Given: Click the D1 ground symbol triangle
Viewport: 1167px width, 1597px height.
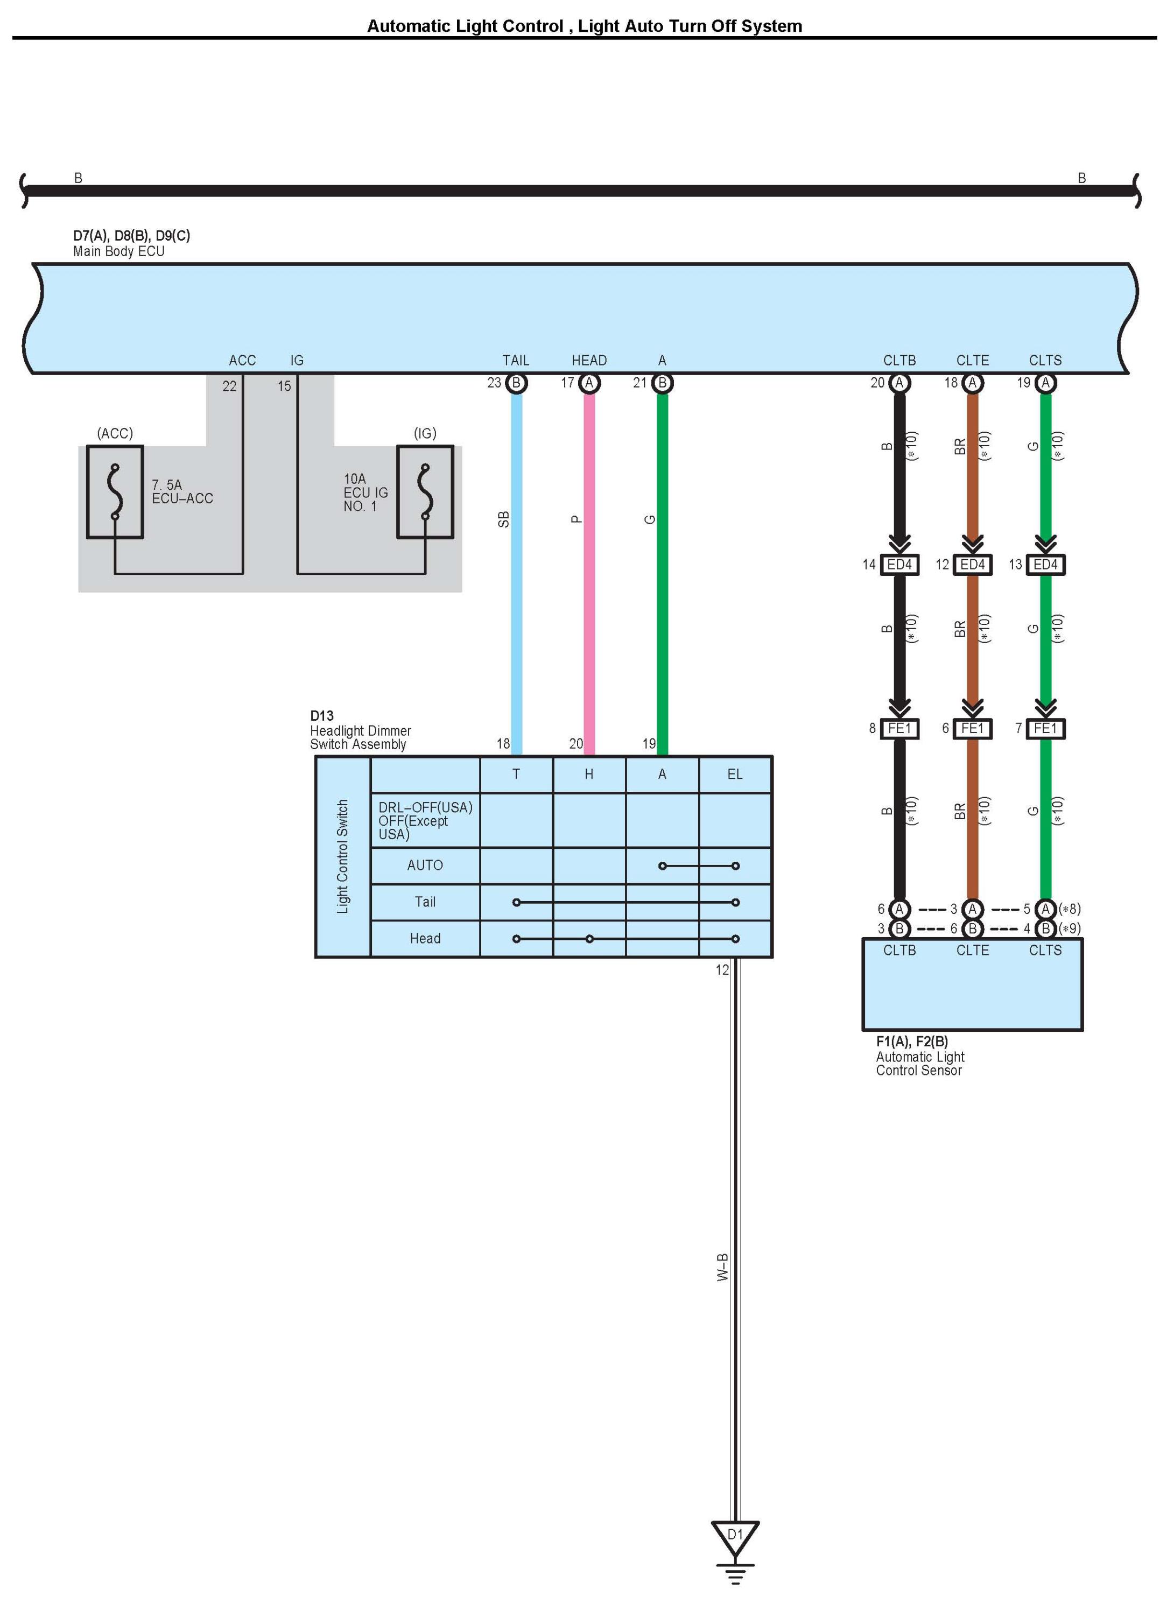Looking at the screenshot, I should click(x=735, y=1536).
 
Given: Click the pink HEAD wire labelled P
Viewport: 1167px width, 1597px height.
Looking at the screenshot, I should click(x=589, y=565).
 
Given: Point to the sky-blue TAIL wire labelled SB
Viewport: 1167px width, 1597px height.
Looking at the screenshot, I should click(x=516, y=565).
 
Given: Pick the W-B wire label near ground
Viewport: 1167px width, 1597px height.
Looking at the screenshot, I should click(x=722, y=1267).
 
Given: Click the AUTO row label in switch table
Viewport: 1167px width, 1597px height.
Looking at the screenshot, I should click(x=425, y=866).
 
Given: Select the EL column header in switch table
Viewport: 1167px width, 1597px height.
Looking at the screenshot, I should click(x=735, y=774).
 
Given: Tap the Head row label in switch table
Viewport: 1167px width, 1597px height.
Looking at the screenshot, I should click(x=425, y=938).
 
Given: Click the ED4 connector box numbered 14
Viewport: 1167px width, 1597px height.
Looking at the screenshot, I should click(x=899, y=564).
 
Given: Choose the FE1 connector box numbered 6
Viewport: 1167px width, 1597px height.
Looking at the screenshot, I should click(x=972, y=728).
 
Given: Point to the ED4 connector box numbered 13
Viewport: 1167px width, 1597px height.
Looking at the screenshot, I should click(x=1045, y=564).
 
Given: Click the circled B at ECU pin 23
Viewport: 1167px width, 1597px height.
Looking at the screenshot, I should click(x=516, y=383).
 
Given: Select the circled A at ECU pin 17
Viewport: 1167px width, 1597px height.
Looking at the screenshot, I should click(x=589, y=383).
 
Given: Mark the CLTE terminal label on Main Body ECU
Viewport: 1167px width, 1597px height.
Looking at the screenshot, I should click(x=972, y=360).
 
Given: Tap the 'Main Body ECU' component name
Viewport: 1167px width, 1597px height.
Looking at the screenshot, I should click(x=118, y=251).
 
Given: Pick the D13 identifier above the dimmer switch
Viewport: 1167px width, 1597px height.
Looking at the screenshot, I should click(x=321, y=715).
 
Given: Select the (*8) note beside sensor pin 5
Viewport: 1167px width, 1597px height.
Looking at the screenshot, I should click(x=1070, y=909).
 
